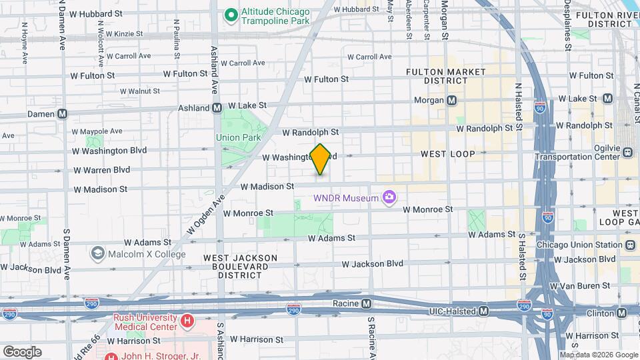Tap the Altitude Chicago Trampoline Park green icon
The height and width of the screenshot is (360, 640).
231,14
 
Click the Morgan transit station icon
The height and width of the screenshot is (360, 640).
452,100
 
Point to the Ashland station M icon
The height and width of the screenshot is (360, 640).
217,107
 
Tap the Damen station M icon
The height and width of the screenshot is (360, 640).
62,114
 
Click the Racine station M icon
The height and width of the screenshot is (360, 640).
366,304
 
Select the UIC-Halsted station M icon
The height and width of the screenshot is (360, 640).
483,311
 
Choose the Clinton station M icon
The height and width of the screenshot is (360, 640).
621,312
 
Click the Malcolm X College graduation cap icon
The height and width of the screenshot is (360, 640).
98,253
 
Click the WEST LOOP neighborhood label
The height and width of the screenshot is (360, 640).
447,154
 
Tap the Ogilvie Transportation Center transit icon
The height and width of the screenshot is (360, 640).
627,152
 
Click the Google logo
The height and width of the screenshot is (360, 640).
22,352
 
